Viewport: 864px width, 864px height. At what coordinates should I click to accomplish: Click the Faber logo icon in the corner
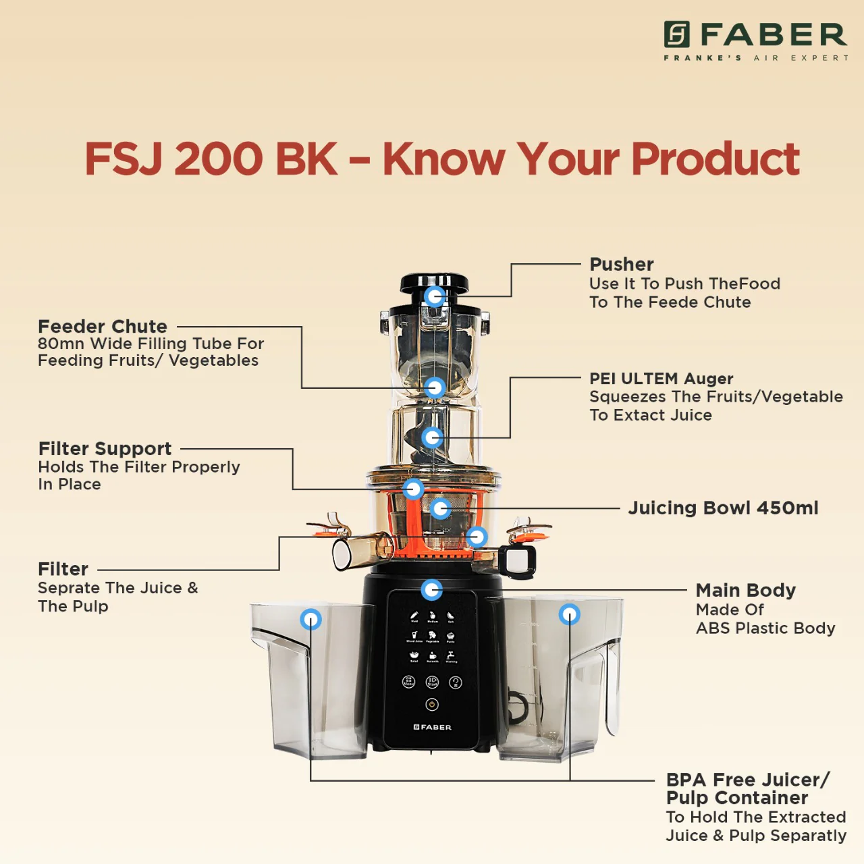click(676, 34)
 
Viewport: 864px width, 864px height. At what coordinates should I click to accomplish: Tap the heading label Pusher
click(621, 264)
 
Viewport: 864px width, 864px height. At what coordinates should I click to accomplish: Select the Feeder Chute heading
click(103, 326)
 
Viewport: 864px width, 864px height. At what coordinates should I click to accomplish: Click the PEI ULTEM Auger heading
click(661, 378)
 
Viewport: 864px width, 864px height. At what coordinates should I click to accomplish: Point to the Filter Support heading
click(105, 448)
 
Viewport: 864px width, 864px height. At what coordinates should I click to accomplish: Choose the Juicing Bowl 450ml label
click(723, 508)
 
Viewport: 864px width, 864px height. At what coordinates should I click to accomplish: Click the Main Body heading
click(745, 590)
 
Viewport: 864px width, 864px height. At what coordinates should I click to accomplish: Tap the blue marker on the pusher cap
click(435, 296)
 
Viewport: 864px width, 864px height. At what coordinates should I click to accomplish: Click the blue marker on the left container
click(310, 619)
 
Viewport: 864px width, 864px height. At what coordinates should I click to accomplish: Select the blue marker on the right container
click(569, 614)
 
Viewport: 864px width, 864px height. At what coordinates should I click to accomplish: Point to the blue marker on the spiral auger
click(432, 437)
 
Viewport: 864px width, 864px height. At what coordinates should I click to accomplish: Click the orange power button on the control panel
click(432, 705)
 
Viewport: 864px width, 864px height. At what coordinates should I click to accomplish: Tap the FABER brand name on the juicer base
click(433, 727)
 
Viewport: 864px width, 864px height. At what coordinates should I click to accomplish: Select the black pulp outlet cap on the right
click(518, 561)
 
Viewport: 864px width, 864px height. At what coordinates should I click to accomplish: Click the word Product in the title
click(715, 159)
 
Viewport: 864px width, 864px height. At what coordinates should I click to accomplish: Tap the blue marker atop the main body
click(431, 589)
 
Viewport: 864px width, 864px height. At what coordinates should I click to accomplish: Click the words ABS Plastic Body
click(765, 628)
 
